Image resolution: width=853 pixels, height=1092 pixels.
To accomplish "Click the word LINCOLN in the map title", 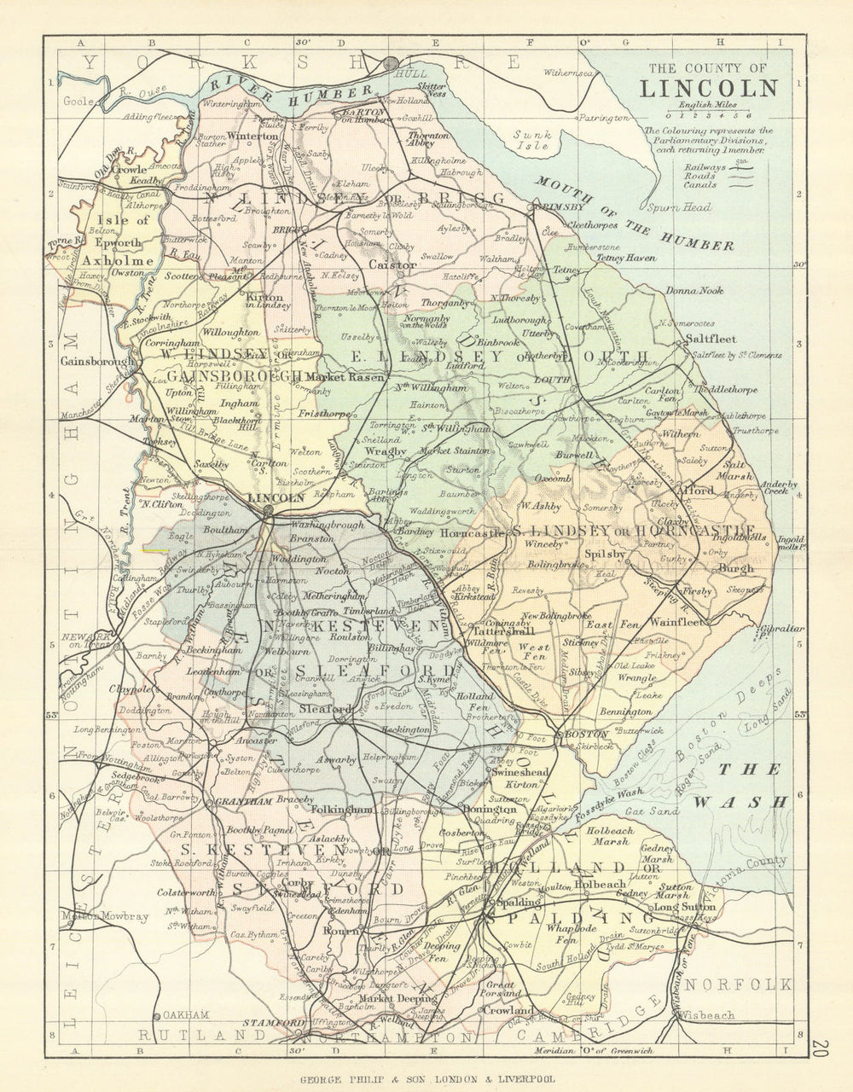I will tap(709, 89).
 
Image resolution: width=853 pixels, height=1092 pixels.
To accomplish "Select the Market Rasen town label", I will tap(345, 376).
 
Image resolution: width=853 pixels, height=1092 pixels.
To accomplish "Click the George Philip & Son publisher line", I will tap(426, 1078).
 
